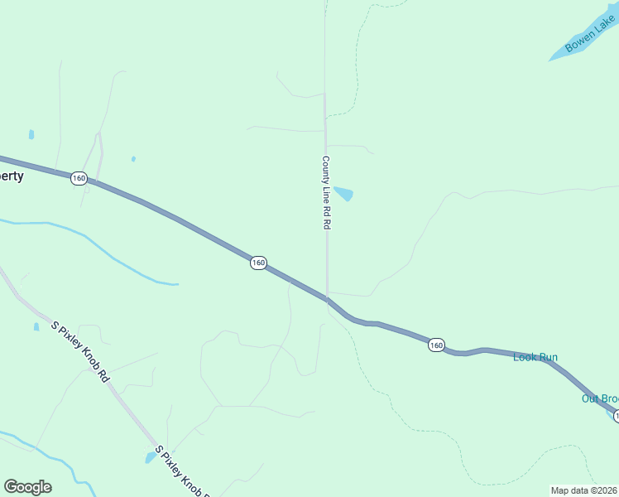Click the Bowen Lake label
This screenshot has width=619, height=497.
pos(591,36)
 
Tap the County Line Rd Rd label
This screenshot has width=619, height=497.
pos(326,192)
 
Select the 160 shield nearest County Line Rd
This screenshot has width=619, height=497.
pos(258,263)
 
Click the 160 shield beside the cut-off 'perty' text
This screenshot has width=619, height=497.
pos(79,178)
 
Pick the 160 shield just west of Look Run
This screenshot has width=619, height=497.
pos(437,345)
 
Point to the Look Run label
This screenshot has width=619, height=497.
pos(535,357)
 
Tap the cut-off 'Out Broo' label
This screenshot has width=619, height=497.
pos(599,398)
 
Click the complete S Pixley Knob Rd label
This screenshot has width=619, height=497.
pos(80,353)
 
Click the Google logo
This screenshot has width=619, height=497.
pos(27,487)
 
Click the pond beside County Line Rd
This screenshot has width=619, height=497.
pos(344,193)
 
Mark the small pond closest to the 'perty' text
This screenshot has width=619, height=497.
pos(31,134)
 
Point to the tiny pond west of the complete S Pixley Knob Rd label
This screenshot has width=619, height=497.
pos(36,327)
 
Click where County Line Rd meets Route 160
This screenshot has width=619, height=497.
pos(327,298)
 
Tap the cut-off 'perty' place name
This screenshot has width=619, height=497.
pos(12,176)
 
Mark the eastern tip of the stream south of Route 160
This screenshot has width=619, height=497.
pos(176,284)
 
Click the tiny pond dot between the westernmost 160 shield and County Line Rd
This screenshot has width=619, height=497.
pos(133,158)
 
